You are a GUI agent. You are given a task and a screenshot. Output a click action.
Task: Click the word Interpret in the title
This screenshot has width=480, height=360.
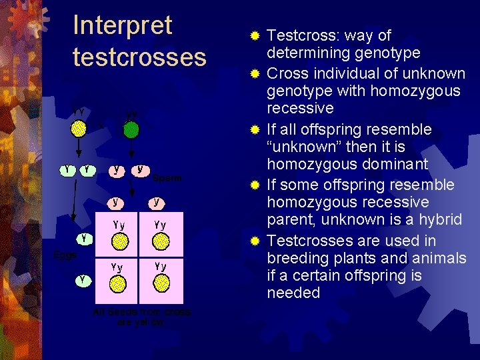(x=123, y=26)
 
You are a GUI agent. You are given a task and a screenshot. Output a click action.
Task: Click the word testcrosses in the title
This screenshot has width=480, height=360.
(x=139, y=57)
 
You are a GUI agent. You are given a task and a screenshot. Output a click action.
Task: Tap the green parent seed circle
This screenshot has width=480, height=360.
(x=132, y=129)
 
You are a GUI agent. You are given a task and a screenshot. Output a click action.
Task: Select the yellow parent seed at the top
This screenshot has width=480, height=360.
(x=79, y=127)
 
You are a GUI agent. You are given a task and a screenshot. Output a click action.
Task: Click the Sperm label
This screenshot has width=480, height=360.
(x=167, y=178)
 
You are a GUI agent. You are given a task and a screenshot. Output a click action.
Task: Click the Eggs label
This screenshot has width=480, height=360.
(x=65, y=255)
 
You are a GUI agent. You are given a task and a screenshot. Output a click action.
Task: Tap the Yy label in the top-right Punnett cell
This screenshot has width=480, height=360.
(x=160, y=225)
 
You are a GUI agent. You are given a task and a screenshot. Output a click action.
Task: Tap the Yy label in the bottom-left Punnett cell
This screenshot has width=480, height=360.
(x=118, y=267)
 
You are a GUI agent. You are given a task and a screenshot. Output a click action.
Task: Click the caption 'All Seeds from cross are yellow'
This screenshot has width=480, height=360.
(x=142, y=317)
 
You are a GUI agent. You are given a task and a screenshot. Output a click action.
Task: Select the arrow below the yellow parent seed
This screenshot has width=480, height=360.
(x=79, y=147)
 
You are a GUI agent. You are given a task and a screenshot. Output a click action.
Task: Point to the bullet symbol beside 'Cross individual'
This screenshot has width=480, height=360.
(x=254, y=72)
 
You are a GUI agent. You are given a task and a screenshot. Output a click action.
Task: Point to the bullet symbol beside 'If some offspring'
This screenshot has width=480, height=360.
(x=254, y=184)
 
